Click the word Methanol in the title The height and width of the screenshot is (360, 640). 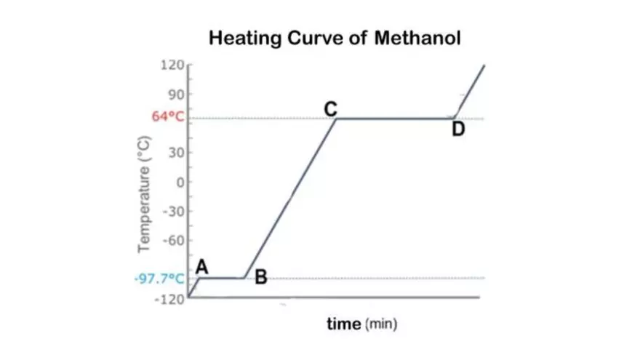[417, 38]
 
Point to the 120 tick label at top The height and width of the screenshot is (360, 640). [173, 65]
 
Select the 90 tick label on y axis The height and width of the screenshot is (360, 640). [175, 95]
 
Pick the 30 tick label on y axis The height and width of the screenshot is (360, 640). [175, 153]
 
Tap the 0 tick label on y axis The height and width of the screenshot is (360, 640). [179, 182]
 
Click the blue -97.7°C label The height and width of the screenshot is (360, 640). [159, 279]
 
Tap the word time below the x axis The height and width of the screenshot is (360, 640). [343, 324]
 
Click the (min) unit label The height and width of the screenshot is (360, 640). [381, 324]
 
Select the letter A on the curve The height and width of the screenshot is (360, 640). [203, 268]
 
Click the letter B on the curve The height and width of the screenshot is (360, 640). [261, 276]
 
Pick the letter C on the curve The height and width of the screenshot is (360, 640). [331, 108]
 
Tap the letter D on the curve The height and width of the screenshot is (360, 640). [457, 129]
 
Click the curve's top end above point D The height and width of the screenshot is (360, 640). [484, 65]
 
